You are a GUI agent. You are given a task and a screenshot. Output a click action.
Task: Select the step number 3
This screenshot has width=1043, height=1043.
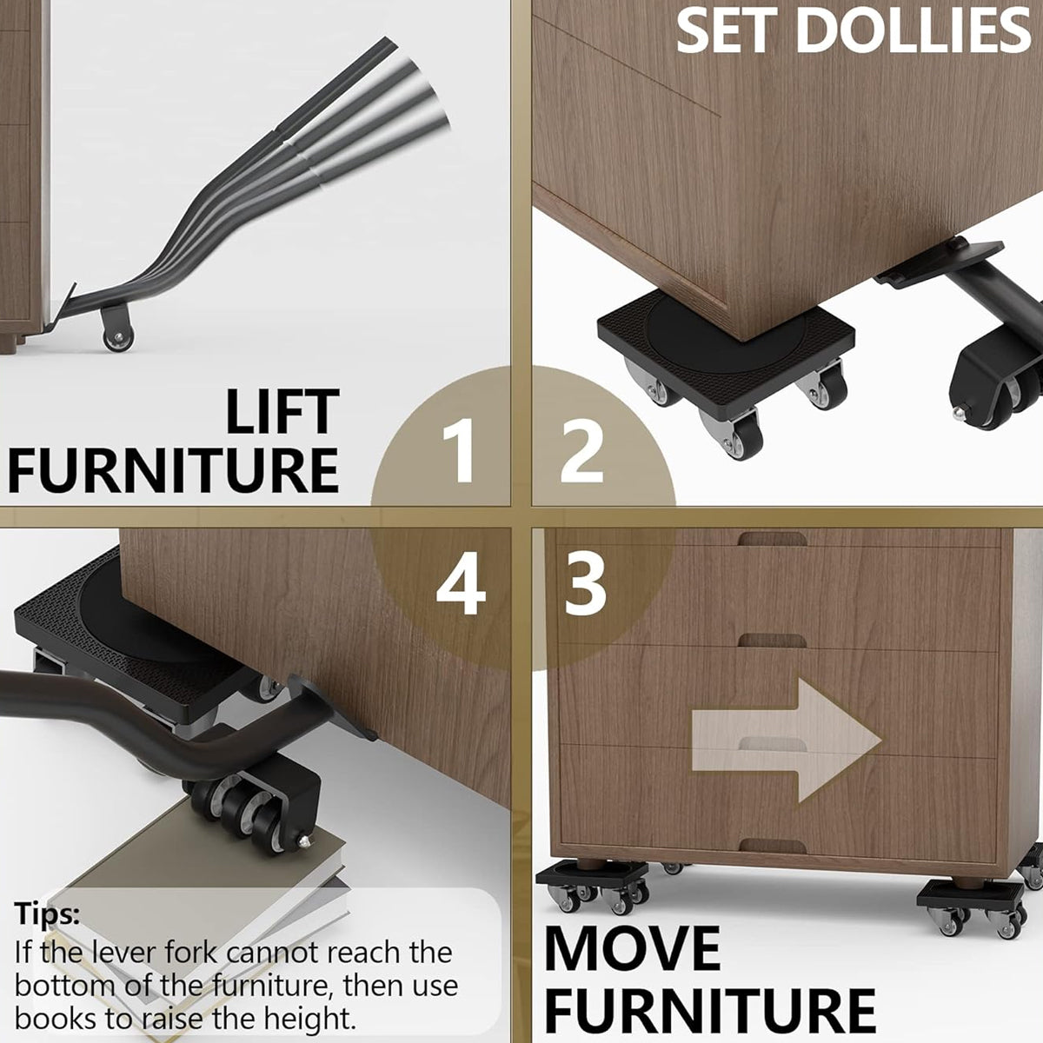click(585, 584)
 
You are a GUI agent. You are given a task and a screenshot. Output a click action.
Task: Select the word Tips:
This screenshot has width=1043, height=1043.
click(47, 913)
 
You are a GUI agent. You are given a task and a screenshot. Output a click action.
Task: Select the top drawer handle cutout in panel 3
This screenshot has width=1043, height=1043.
click(772, 539)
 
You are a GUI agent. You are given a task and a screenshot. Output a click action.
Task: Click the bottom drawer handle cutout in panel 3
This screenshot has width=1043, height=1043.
click(772, 844)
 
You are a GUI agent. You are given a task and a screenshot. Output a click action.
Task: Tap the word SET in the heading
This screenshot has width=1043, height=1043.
click(728, 30)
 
